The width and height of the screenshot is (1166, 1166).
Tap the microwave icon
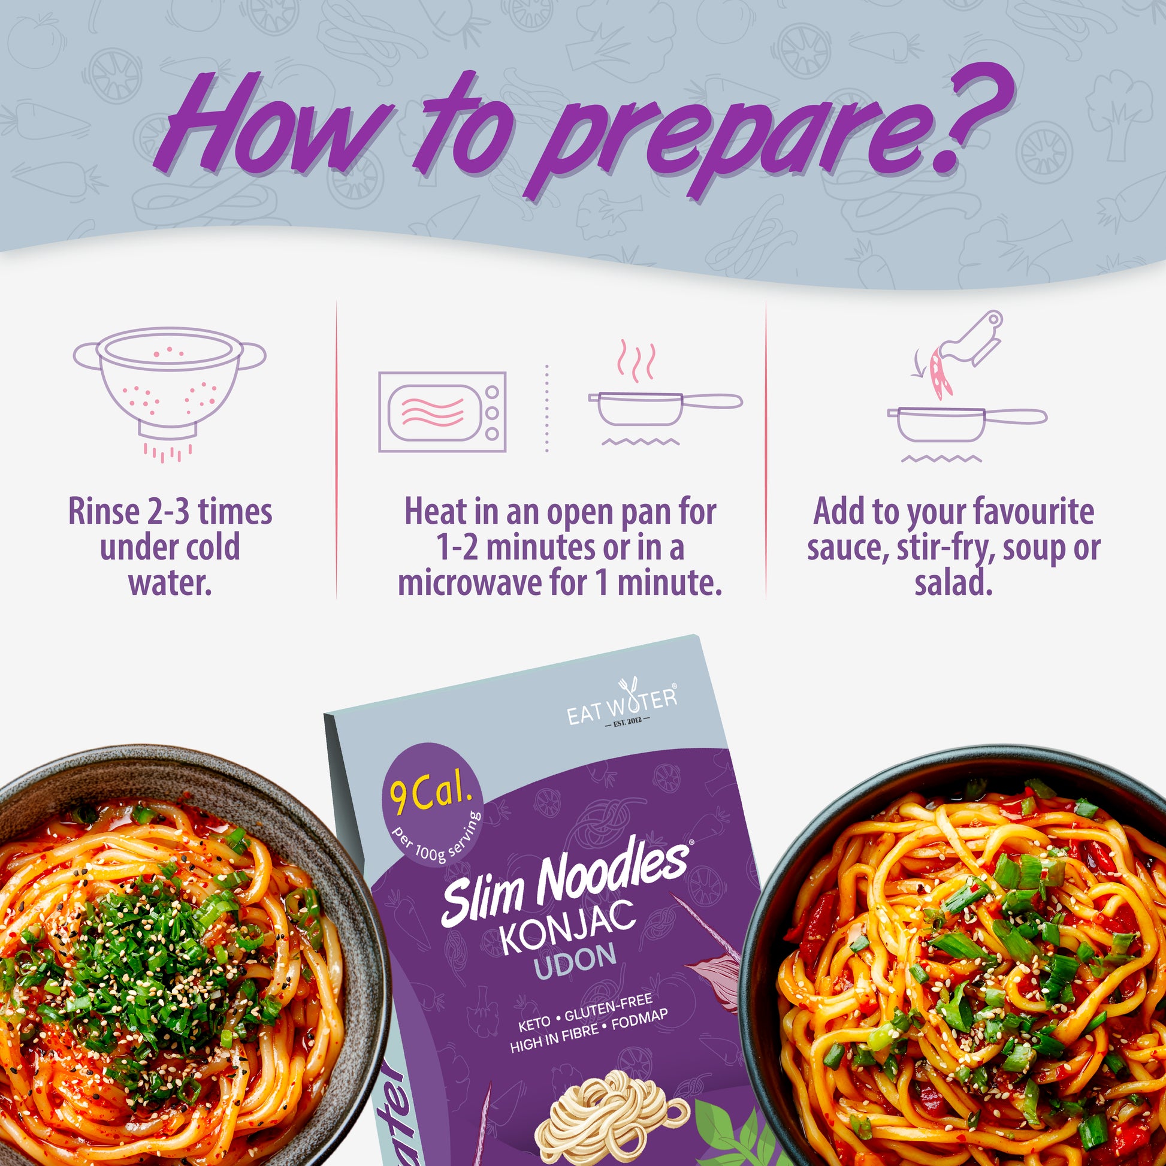pyautogui.click(x=442, y=412)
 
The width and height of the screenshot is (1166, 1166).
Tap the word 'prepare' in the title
pyautogui.click(x=712, y=142)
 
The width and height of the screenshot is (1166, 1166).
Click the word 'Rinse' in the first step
pyautogui.click(x=104, y=512)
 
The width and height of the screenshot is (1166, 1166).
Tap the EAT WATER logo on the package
pyautogui.click(x=621, y=704)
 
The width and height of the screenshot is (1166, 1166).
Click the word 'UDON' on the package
pyautogui.click(x=575, y=960)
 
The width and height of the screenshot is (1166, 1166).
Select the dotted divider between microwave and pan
pyautogui.click(x=547, y=408)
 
